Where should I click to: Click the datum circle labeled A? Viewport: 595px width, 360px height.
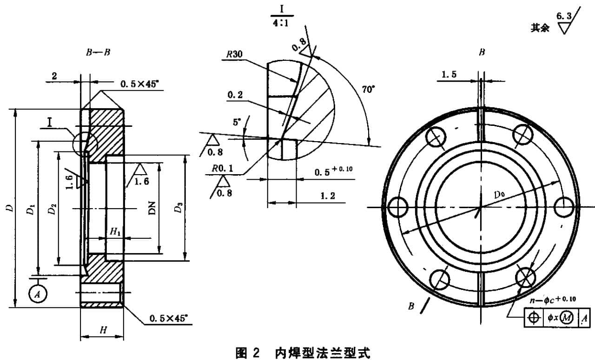click(x=38, y=293)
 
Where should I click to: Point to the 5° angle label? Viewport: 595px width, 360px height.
click(x=238, y=122)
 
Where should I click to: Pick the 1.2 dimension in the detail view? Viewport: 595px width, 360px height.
click(x=328, y=196)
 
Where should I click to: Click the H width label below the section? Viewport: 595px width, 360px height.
click(x=104, y=330)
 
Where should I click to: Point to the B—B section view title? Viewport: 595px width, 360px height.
click(x=98, y=52)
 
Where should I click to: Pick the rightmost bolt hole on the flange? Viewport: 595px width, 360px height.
click(x=564, y=206)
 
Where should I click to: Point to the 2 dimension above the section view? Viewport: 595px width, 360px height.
click(x=54, y=76)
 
